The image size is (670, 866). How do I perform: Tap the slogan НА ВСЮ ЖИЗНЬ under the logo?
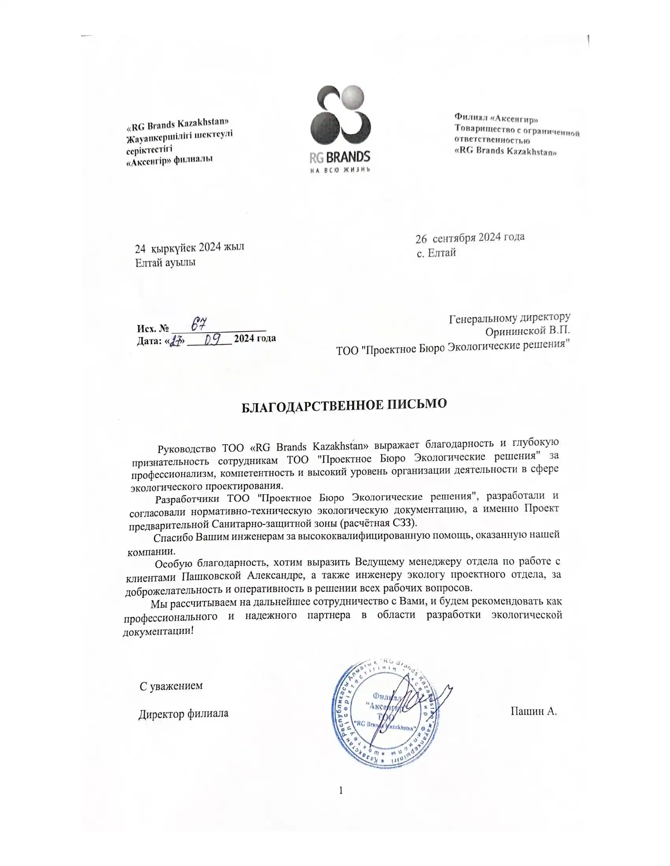coord(340,170)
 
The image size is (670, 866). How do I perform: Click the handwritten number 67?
coord(199,324)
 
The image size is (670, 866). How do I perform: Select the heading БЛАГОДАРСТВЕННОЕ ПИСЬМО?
coord(344,405)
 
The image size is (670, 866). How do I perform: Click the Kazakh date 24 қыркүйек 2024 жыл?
coord(189,248)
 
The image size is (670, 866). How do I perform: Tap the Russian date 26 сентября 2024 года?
coord(469,238)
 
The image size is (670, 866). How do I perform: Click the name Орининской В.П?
coord(527,330)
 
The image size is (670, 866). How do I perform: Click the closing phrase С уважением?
coord(171,686)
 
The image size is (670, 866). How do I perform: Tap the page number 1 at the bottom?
coord(341,790)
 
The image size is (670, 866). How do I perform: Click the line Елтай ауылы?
coord(165,263)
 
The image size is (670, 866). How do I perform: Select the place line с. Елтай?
coord(436,253)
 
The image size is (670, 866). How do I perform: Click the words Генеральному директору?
coord(510,318)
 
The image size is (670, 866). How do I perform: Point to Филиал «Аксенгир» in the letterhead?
coord(496,118)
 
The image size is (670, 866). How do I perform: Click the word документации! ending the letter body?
coord(158,631)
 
